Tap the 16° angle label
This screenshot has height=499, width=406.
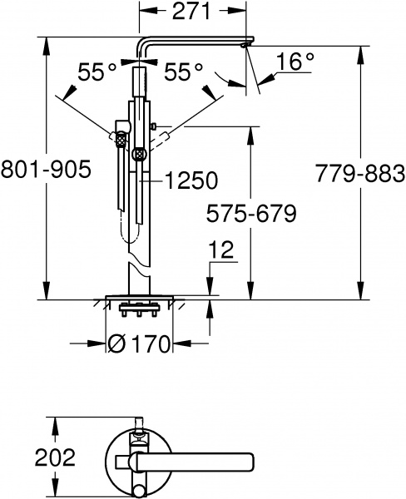tap(286, 62)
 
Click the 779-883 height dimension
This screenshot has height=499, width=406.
tap(360, 173)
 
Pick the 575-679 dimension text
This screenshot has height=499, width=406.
tap(250, 215)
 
